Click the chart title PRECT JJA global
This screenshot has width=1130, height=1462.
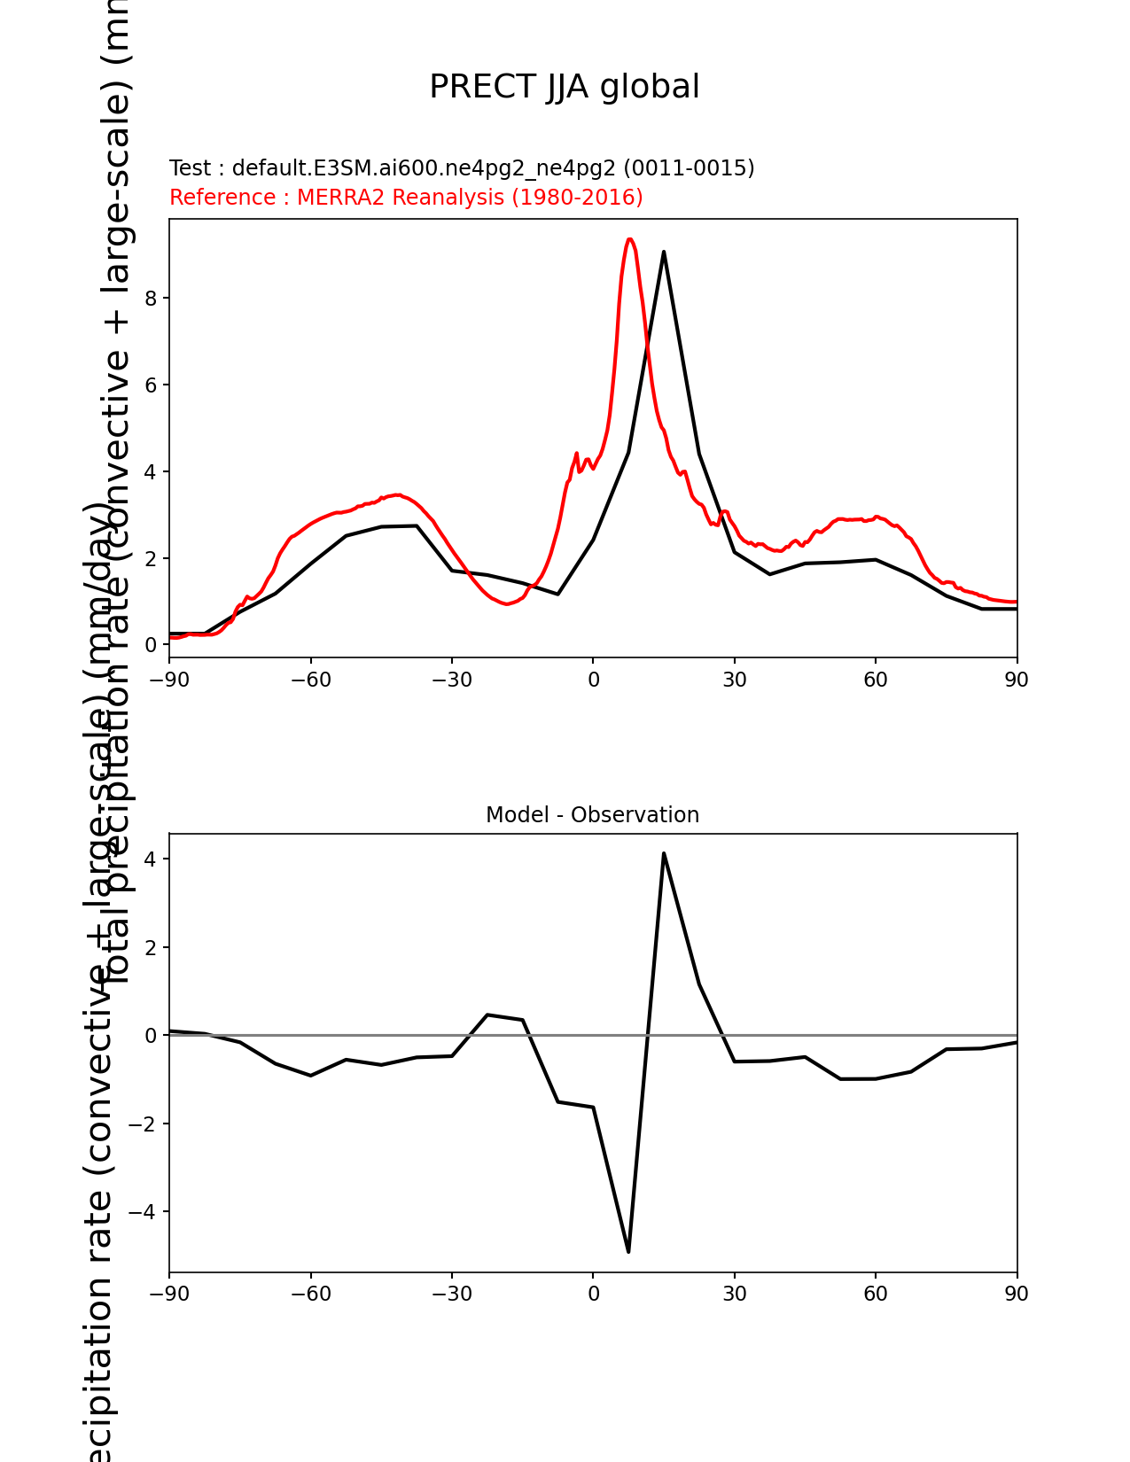565,88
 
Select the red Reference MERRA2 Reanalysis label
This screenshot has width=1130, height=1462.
406,198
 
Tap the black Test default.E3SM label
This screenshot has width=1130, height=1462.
462,168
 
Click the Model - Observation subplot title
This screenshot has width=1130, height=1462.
592,815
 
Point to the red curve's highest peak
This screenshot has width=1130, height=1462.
629,239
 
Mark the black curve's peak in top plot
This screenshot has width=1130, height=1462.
663,252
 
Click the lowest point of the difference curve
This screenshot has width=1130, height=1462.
628,1251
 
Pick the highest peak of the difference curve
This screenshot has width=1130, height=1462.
663,853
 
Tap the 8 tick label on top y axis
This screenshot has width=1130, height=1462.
151,299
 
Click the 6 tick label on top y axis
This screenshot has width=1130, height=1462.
151,385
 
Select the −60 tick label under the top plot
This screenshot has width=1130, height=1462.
311,680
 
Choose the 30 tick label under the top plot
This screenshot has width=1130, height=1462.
734,680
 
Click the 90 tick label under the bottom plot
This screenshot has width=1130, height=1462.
1017,1295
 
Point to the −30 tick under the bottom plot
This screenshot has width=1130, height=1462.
452,1295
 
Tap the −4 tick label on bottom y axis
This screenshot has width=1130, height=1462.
143,1212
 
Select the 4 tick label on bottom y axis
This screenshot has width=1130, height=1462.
151,859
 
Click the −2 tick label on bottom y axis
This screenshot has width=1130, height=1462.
143,1124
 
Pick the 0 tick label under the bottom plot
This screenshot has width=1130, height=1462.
593,1295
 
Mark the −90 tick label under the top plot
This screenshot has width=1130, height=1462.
169,680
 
